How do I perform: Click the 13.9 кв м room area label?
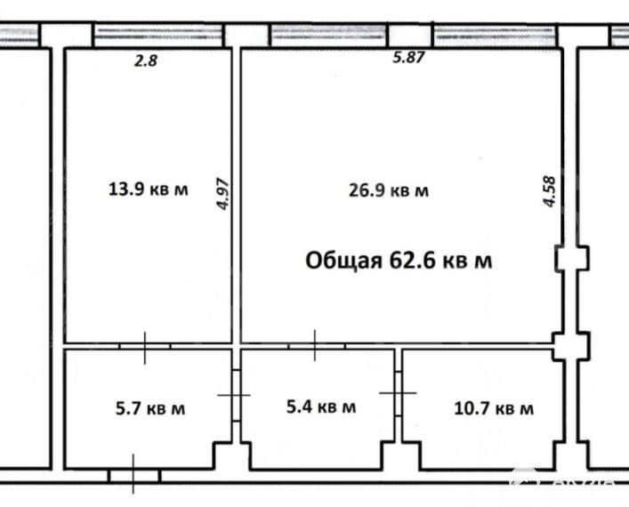[148, 189]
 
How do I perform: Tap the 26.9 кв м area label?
[388, 190]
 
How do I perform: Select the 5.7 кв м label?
[150, 409]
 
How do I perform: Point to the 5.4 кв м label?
[321, 406]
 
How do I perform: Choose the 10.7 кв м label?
[494, 409]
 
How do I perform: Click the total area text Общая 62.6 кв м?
[399, 261]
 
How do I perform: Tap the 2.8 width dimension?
[146, 60]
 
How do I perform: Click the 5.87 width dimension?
[408, 57]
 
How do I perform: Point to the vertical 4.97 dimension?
[222, 194]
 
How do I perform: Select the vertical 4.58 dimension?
[549, 191]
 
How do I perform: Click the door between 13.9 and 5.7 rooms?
[145, 346]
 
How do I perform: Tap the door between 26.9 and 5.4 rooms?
[316, 345]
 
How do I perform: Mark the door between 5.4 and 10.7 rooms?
[398, 392]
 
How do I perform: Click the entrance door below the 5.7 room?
[134, 475]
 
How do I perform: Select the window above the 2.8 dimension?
[158, 36]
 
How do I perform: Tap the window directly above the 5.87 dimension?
[329, 36]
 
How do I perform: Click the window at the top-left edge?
[20, 36]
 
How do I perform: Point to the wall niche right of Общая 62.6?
[572, 259]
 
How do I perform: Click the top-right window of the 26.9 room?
[496, 36]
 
